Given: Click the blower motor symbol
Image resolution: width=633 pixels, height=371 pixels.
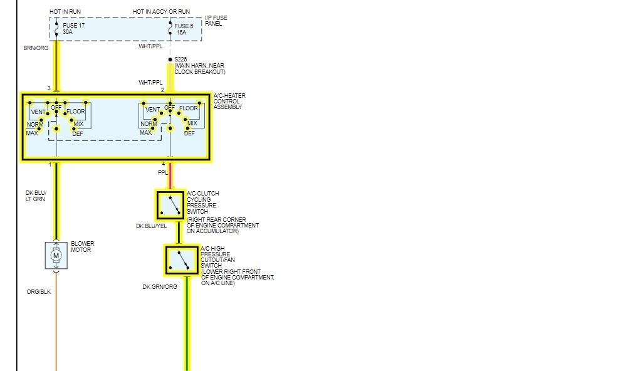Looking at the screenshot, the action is tap(56, 255).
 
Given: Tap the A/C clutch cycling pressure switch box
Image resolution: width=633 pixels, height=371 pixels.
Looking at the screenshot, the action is tap(170, 205).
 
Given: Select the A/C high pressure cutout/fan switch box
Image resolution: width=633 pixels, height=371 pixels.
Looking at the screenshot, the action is tap(182, 260).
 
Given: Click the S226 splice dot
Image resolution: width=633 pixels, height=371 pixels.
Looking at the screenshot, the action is tap(169, 60).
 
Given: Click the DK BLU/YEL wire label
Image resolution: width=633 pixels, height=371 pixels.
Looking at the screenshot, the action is tap(151, 226).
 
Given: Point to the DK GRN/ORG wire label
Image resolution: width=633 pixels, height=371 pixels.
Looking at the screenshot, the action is tap(160, 287).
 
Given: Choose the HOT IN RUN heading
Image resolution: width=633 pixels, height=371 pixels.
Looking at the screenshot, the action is tap(65, 12).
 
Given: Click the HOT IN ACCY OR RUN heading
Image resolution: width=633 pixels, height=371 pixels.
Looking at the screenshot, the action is tap(162, 12).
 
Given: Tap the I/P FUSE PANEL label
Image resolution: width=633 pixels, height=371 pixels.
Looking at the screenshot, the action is tap(216, 21).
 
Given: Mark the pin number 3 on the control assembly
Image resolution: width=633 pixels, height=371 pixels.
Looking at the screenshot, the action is tap(49, 88).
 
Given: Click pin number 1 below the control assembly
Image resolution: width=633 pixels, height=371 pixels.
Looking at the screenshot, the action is tap(50, 164).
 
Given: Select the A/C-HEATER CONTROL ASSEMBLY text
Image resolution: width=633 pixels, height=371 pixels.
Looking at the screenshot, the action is tap(229, 101).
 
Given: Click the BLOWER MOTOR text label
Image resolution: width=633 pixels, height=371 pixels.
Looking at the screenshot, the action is tap(82, 246).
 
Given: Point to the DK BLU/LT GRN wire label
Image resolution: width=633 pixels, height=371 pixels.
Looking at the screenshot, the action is tap(36, 196).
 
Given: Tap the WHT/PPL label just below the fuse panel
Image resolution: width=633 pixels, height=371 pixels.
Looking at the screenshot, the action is tap(150, 46).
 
